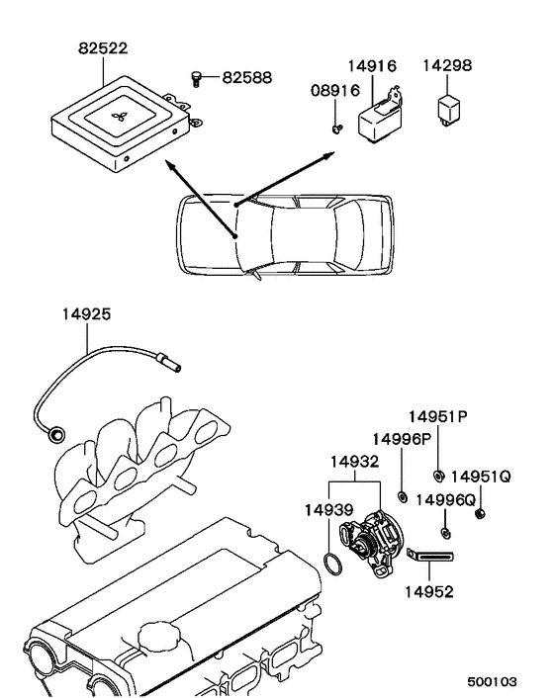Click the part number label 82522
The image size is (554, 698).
point(103,48)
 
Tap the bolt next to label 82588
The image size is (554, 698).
point(196,79)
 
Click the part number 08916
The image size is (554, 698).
point(335,90)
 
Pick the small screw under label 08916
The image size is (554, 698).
point(337,130)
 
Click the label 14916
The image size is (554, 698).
point(372,66)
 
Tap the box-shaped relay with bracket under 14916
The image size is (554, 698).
point(380,117)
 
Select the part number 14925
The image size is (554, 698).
point(86,314)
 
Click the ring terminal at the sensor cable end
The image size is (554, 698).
point(56,434)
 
